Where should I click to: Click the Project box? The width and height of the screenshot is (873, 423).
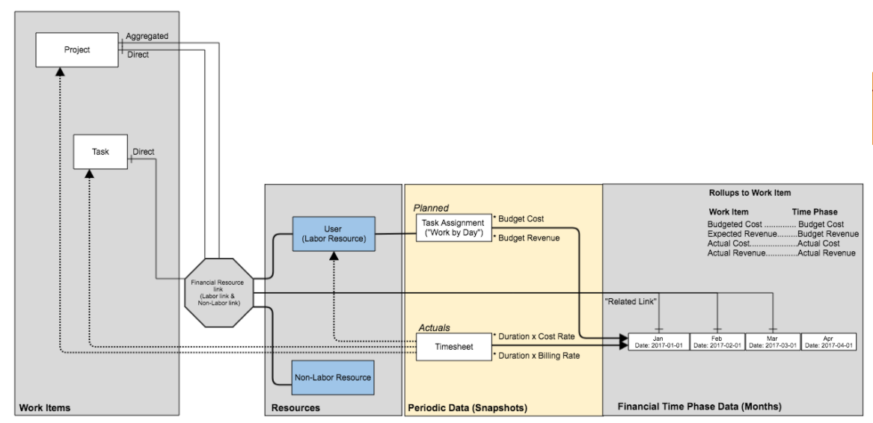tap(77, 51)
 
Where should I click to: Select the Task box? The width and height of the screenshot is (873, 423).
tap(101, 152)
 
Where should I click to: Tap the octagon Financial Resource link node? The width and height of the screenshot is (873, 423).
tap(219, 290)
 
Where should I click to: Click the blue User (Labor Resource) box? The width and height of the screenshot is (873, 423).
tap(334, 234)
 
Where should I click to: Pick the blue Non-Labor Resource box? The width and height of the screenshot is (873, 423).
tap(333, 377)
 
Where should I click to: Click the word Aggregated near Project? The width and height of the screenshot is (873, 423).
tap(147, 36)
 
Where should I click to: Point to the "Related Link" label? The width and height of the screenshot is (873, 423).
tap(631, 301)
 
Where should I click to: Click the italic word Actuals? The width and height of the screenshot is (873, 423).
tap(433, 327)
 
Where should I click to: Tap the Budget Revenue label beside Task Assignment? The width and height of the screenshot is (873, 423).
tap(527, 237)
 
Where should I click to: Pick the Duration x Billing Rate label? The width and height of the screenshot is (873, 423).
tap(538, 355)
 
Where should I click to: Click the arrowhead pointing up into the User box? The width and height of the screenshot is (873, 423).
tap(334, 256)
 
